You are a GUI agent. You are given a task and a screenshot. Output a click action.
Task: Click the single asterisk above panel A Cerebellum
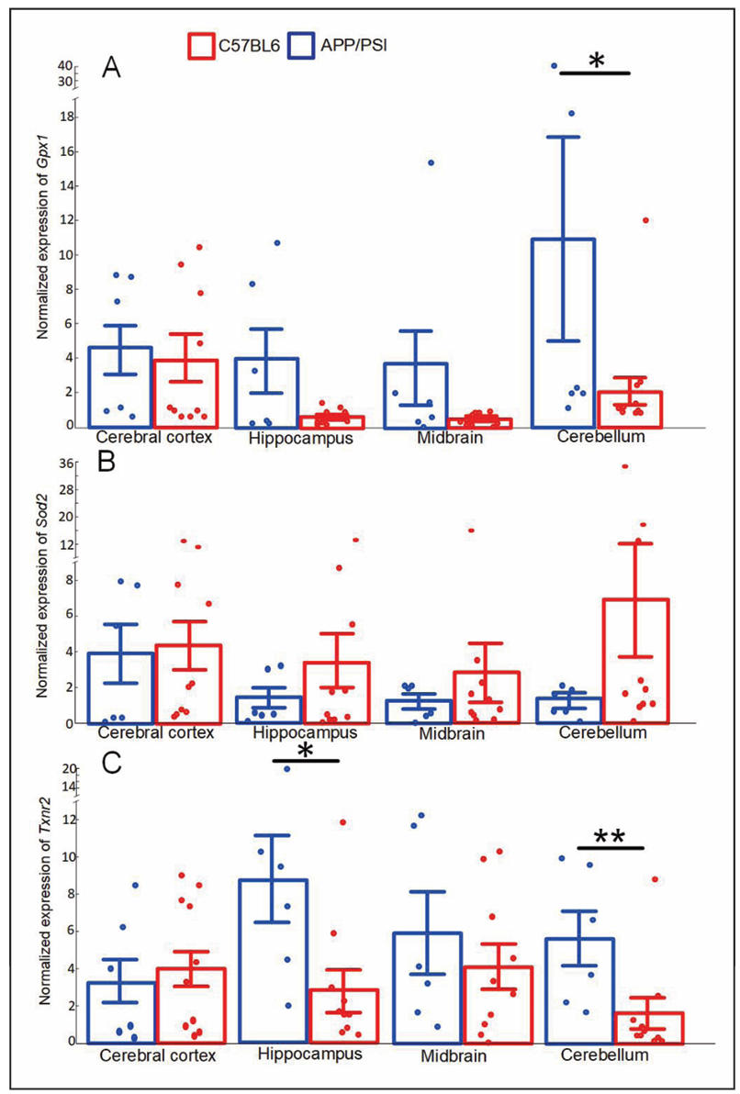coord(595,61)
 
